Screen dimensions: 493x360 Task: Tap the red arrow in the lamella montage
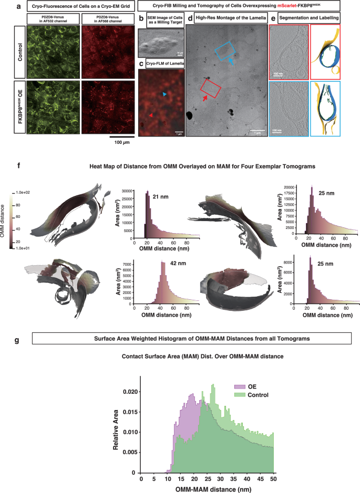(205, 98)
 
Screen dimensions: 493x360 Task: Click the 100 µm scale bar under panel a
(122, 136)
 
